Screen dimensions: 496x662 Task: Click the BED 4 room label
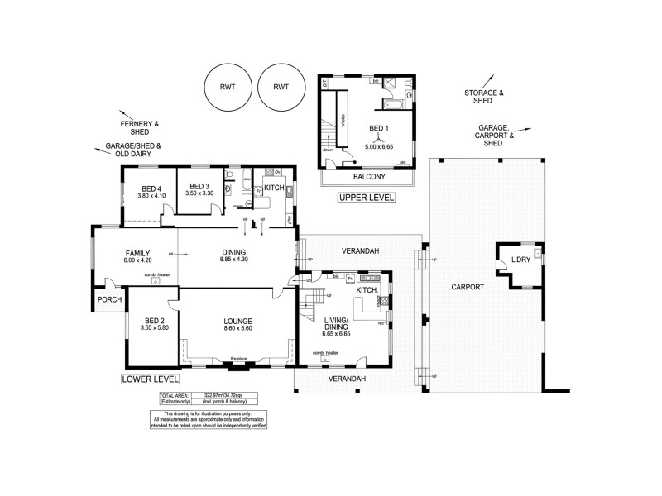(150, 188)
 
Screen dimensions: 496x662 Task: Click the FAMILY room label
(137, 253)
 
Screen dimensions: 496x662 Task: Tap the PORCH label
(109, 300)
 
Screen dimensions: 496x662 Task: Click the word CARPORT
(467, 288)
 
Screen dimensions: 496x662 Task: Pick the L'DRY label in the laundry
(520, 260)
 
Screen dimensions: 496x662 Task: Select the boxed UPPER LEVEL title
(368, 198)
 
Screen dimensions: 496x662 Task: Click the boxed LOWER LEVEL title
(149, 379)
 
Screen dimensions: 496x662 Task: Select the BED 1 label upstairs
(377, 128)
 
